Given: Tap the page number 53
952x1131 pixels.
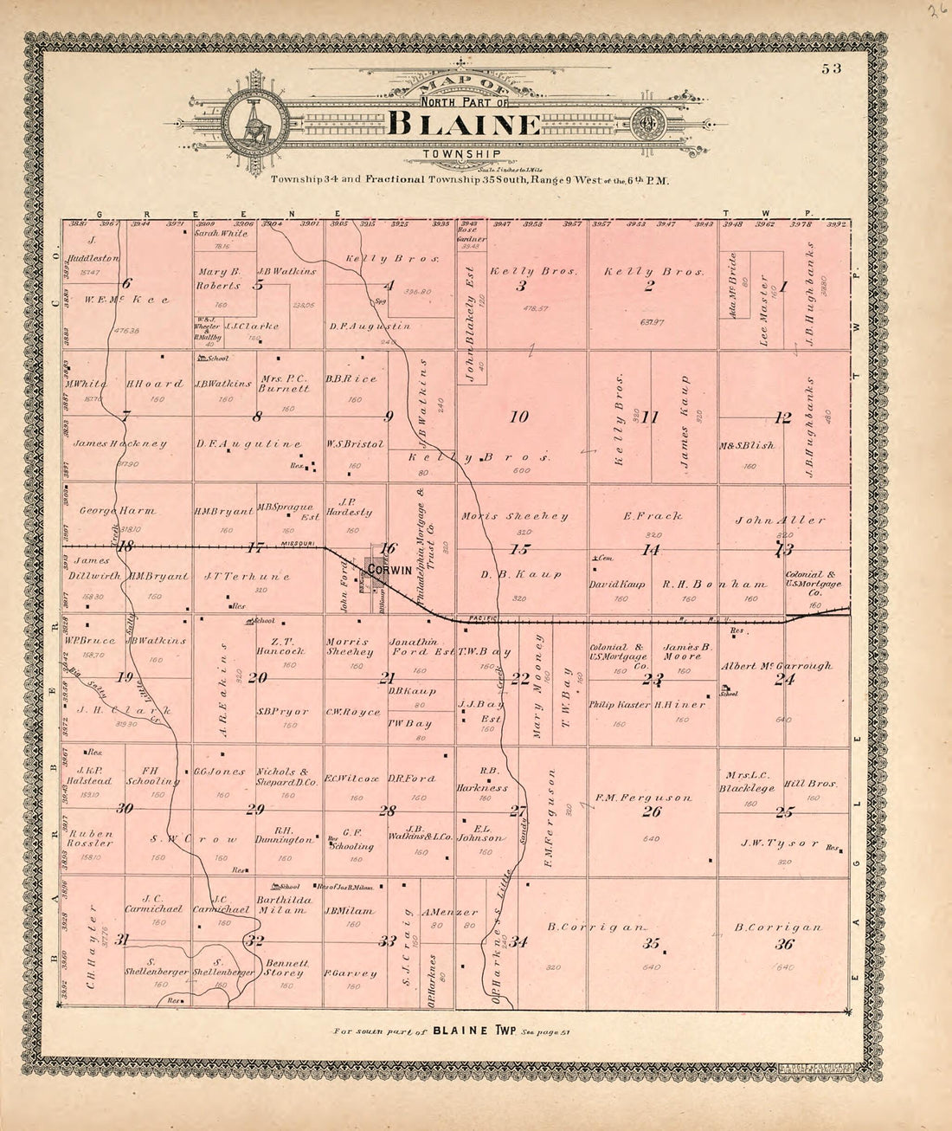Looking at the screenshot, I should point(833,68).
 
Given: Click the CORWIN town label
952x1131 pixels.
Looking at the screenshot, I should point(388,571).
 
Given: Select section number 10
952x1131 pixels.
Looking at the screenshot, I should point(518,417).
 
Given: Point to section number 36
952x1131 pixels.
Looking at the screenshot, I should point(785,944).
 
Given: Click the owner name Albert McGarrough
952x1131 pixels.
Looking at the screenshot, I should point(776,666).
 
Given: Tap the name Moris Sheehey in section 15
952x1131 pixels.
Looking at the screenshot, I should point(514,516).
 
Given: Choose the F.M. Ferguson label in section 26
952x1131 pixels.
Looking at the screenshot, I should point(643,798).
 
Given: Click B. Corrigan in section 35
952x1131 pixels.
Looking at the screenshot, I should point(596,927).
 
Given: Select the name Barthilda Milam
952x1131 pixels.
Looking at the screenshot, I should point(280,905).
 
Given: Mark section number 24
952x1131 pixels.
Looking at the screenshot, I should point(784,680).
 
